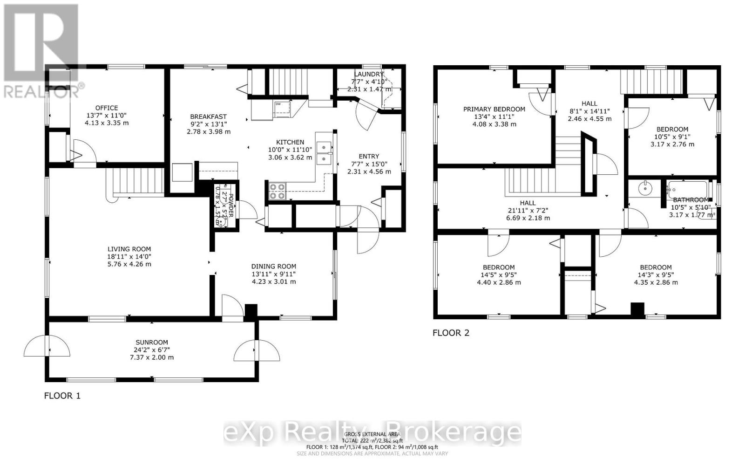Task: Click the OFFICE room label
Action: [x=107, y=108]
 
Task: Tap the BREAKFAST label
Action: [x=208, y=116]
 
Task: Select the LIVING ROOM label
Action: [x=129, y=249]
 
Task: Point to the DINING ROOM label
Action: [x=274, y=267]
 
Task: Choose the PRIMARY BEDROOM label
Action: [x=494, y=109]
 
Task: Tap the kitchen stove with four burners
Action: [x=277, y=192]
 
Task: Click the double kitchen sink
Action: [x=323, y=153]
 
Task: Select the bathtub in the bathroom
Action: [x=687, y=190]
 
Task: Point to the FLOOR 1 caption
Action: [x=62, y=396]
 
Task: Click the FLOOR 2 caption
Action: [x=451, y=333]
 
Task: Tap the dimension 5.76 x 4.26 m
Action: [x=129, y=264]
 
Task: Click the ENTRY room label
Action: [x=369, y=156]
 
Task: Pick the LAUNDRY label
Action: [x=368, y=74]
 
